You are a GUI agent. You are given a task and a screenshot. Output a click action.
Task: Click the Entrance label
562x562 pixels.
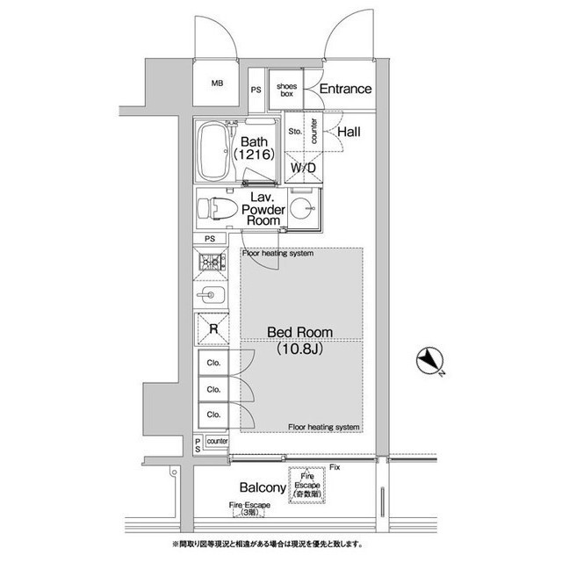tap(345, 90)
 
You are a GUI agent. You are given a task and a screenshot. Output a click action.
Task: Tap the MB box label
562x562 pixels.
tap(216, 85)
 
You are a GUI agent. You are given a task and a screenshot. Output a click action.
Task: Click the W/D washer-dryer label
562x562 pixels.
tap(304, 168)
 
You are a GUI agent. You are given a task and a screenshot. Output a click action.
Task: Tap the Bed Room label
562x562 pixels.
tap(299, 333)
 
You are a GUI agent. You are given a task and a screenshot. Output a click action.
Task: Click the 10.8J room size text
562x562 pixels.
tap(299, 349)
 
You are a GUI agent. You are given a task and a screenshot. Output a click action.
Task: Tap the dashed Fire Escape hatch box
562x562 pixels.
tap(306, 483)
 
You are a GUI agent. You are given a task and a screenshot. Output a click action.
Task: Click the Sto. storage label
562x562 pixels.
tap(295, 132)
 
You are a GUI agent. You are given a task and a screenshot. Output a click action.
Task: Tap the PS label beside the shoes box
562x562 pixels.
tap(256, 90)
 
